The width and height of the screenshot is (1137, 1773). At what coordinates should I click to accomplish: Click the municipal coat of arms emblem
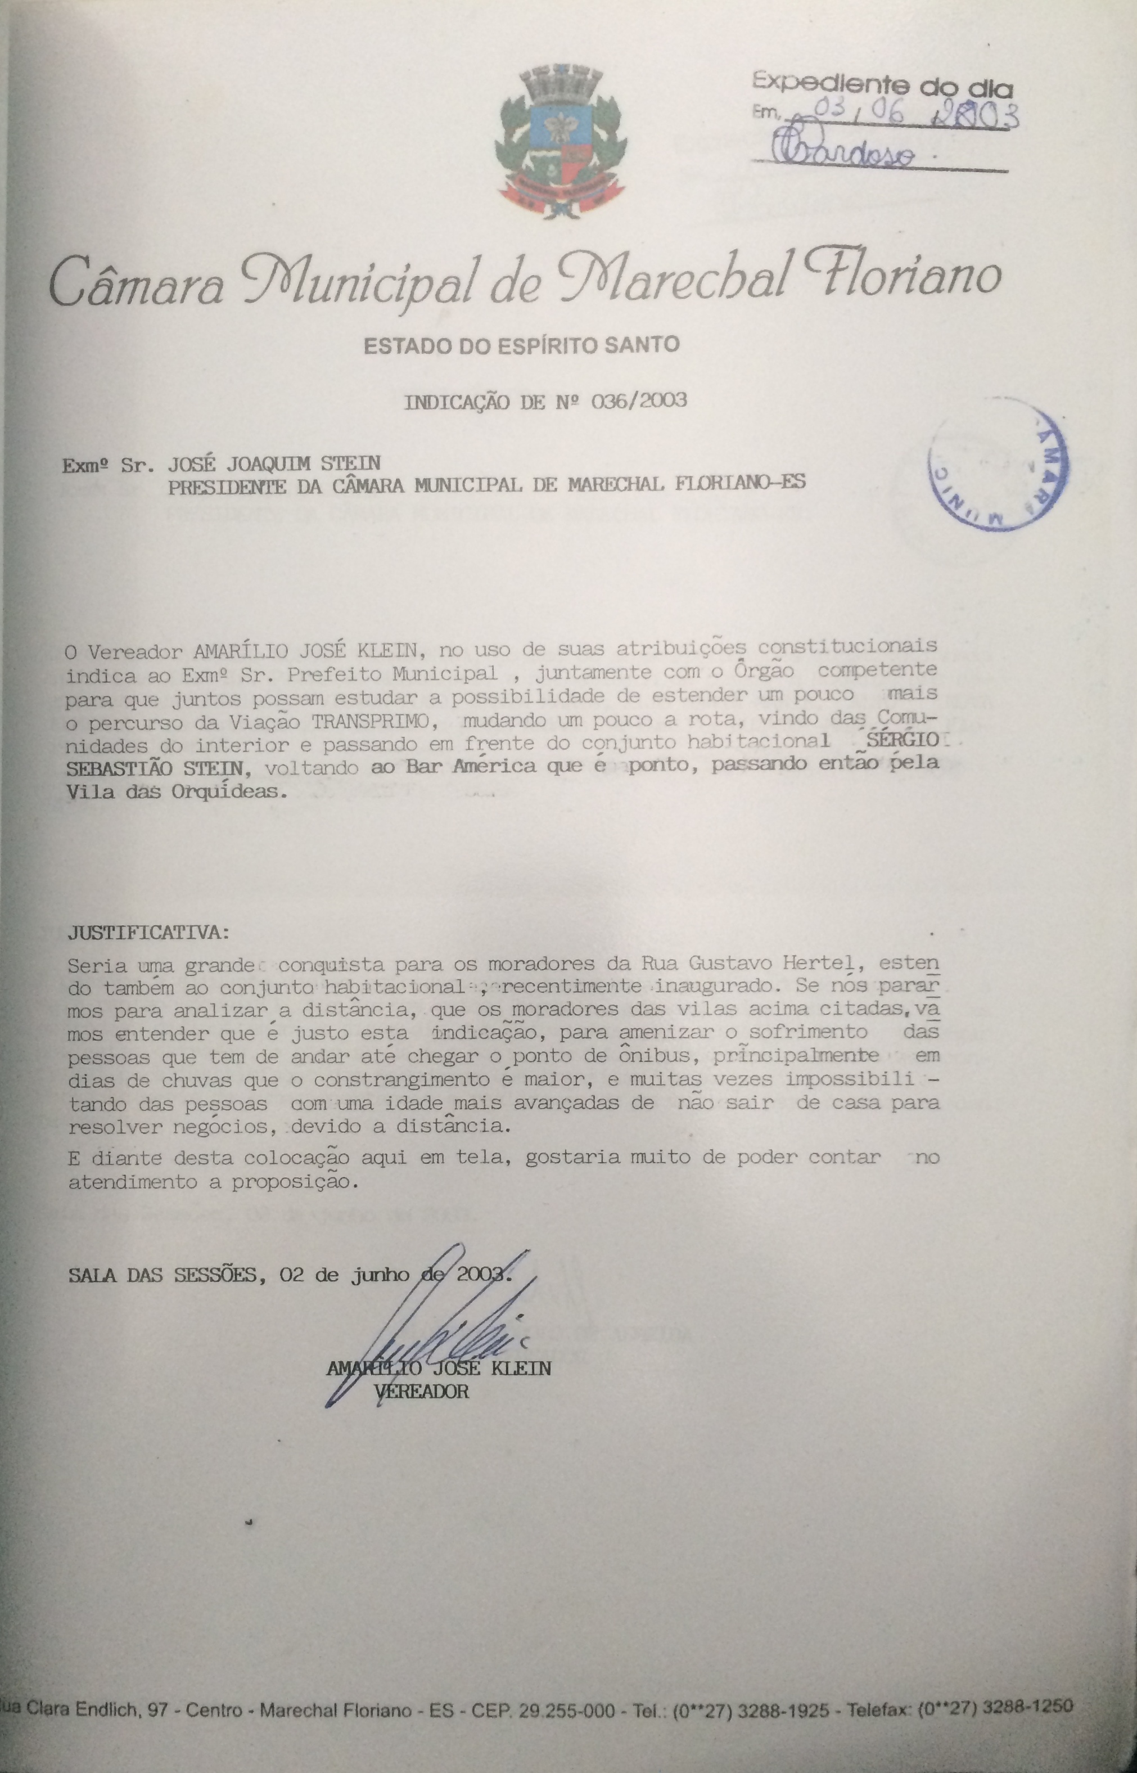tap(561, 142)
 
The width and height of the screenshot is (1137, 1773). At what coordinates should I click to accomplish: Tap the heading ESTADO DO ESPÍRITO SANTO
tap(521, 344)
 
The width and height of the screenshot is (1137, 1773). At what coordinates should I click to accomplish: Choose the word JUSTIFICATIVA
tap(148, 932)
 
